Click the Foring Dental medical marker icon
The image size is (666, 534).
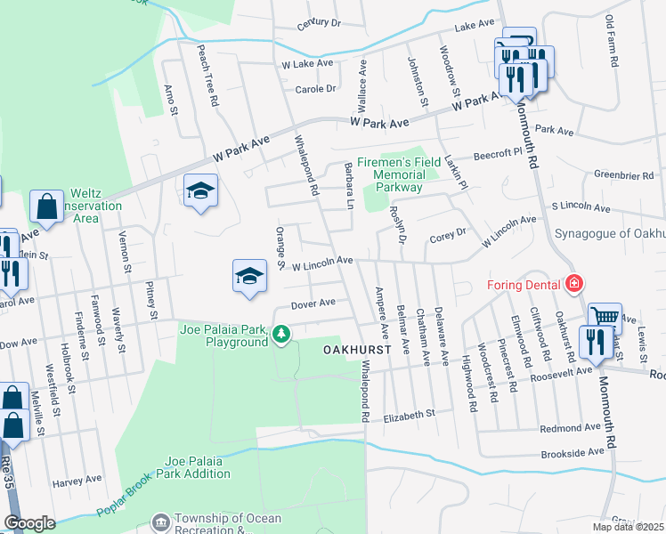(575, 285)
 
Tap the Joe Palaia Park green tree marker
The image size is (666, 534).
(281, 335)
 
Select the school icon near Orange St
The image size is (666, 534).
(250, 276)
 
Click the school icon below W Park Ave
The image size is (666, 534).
(201, 190)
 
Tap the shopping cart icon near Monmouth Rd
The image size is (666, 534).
(605, 317)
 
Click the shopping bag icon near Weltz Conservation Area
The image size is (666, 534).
(46, 207)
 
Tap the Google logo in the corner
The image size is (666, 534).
(29, 523)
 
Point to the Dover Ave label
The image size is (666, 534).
(313, 303)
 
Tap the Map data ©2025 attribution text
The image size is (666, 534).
(627, 527)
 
